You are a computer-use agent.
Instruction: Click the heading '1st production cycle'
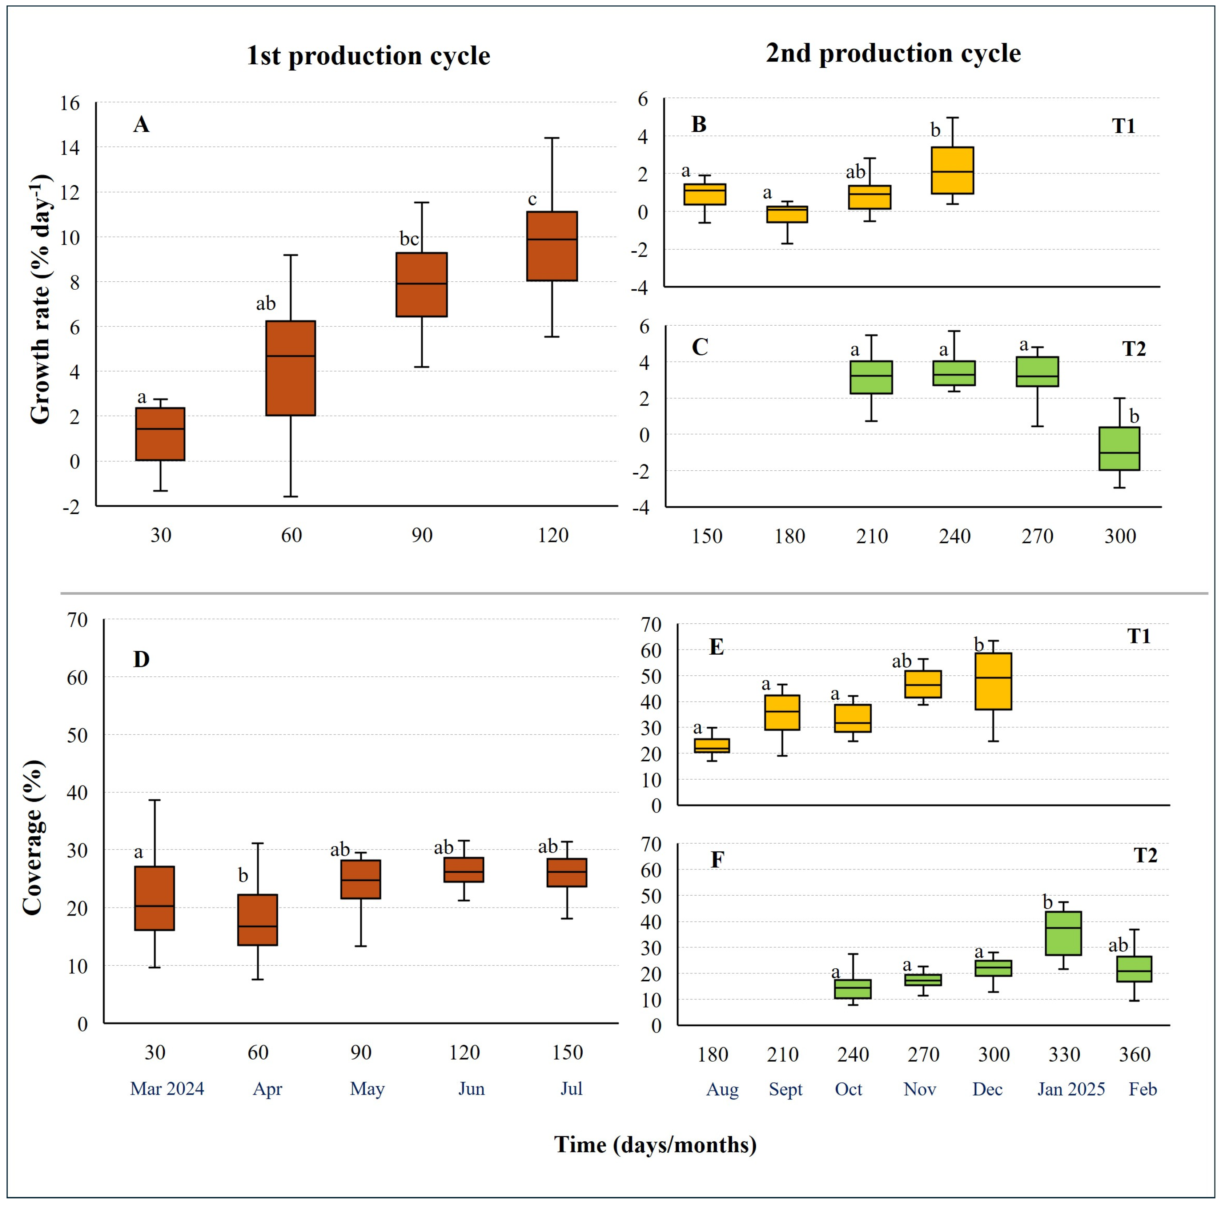pyautogui.click(x=368, y=56)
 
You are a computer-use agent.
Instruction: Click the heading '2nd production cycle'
pyautogui.click(x=893, y=53)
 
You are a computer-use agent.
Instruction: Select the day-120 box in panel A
pyautogui.click(x=552, y=246)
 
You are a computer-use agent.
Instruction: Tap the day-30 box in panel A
pyautogui.click(x=160, y=434)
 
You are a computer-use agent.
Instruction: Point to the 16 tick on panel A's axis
pyautogui.click(x=71, y=103)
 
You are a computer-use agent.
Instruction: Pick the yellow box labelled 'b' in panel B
pyautogui.click(x=952, y=170)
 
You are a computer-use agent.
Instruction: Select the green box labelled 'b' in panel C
pyautogui.click(x=1119, y=449)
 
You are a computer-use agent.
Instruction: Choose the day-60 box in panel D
pyautogui.click(x=257, y=920)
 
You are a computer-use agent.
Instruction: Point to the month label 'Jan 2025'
pyautogui.click(x=1071, y=1089)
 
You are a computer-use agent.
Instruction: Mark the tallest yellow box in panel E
pyautogui.click(x=993, y=681)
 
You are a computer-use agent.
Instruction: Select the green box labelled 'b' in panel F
pyautogui.click(x=1063, y=933)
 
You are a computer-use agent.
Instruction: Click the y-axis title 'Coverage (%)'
pyautogui.click(x=33, y=837)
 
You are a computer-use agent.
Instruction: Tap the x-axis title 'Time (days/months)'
pyautogui.click(x=656, y=1145)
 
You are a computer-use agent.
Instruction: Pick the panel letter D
pyautogui.click(x=141, y=660)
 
